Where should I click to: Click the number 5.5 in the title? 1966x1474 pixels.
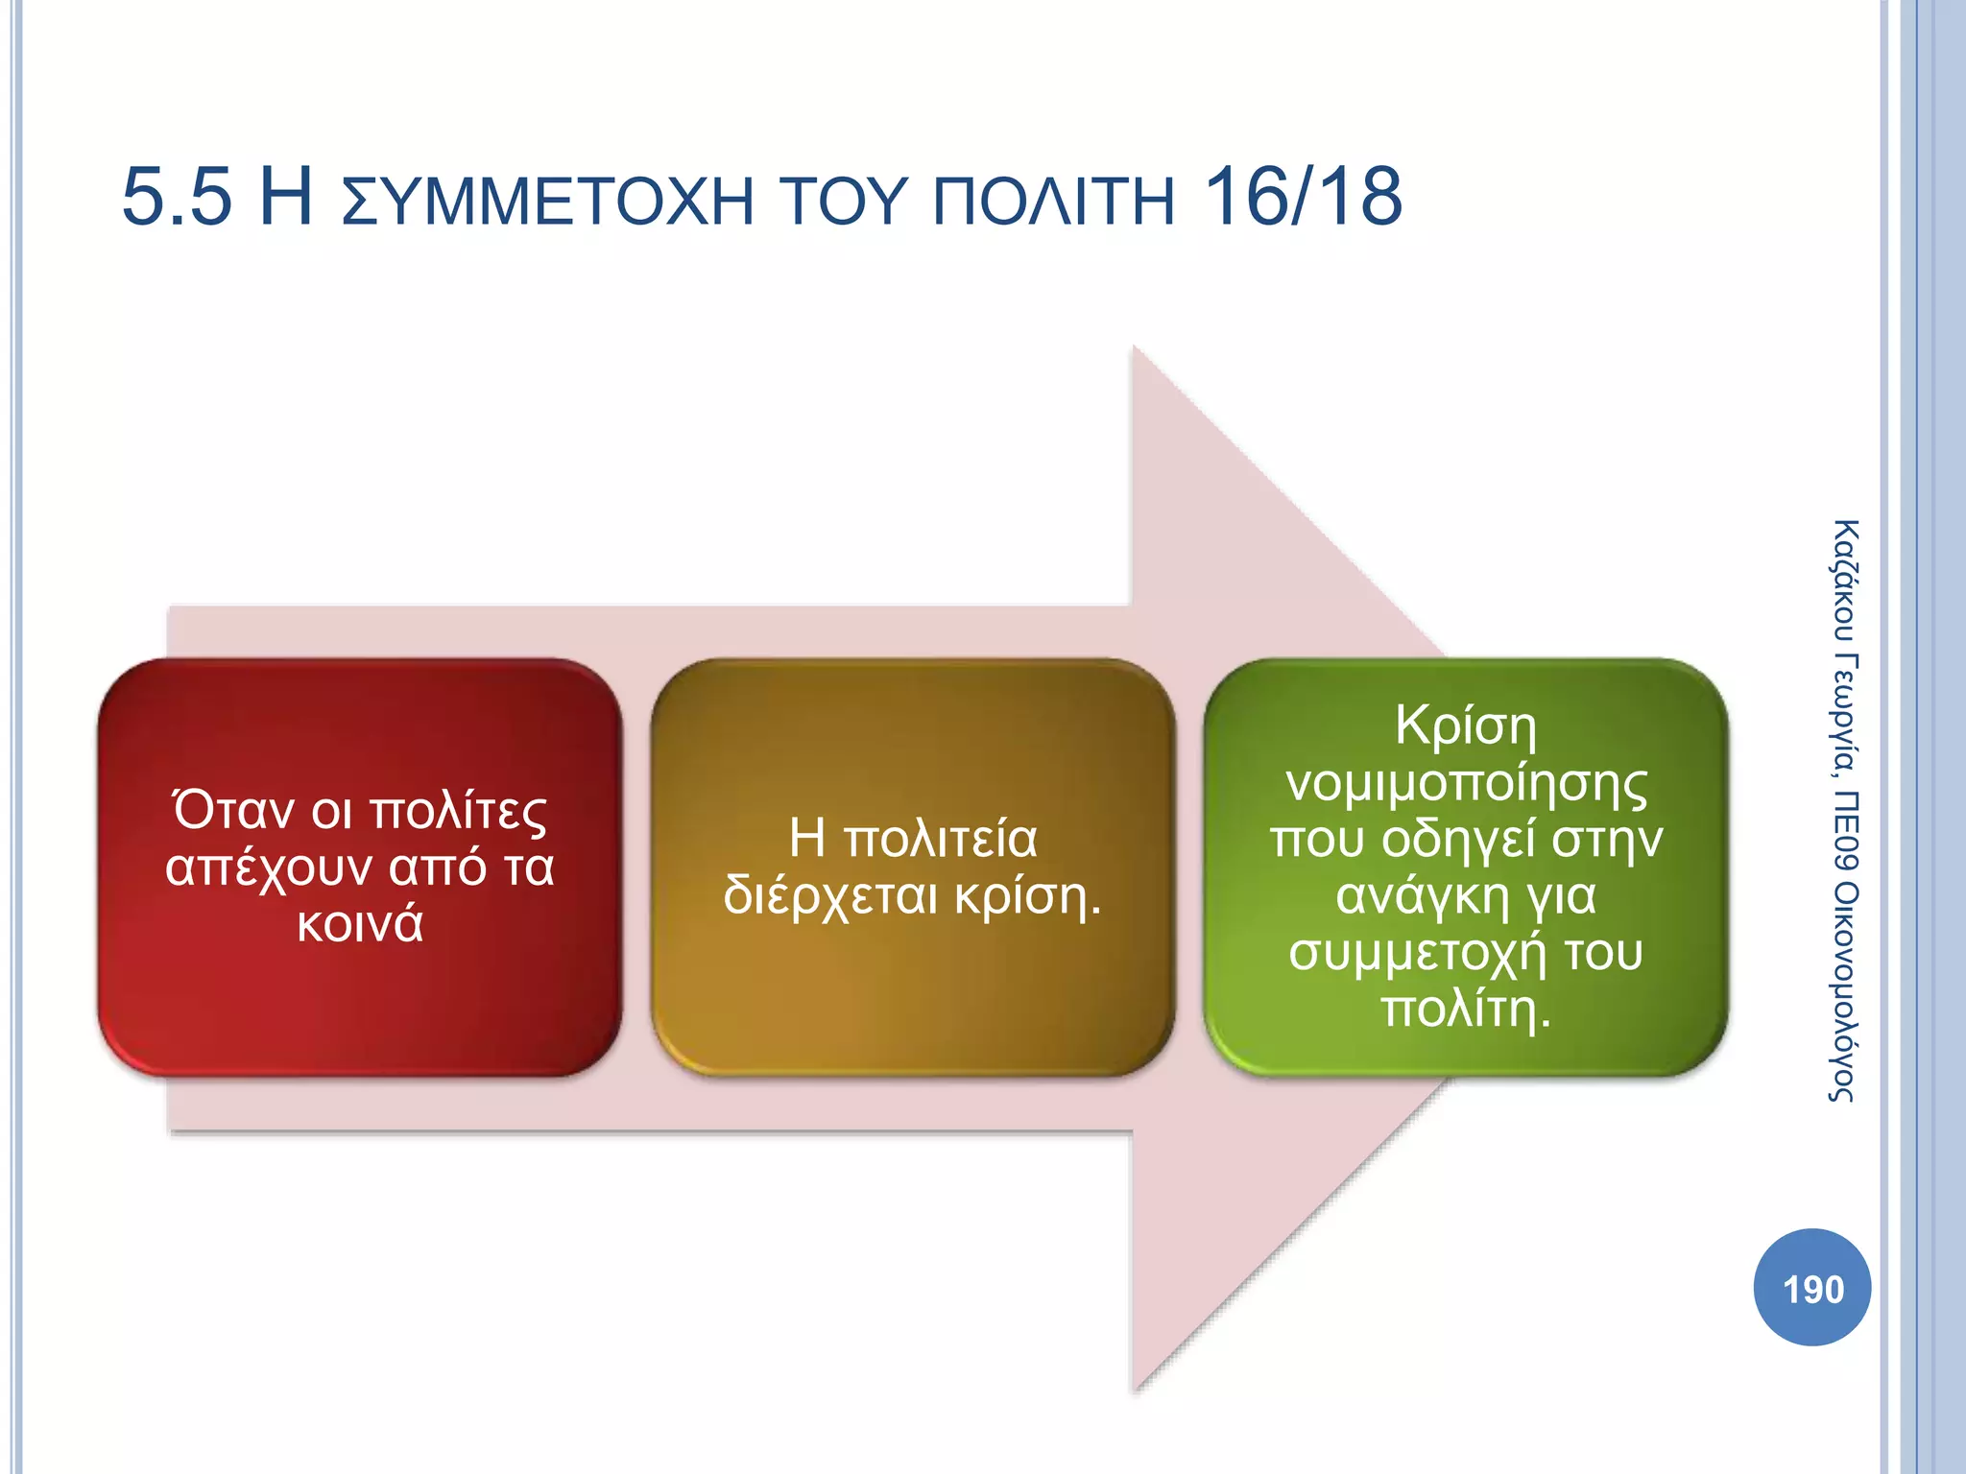click(177, 198)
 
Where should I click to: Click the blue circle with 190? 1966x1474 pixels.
click(1811, 1288)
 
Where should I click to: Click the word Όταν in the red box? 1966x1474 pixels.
click(233, 811)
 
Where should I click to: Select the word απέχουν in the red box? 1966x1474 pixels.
click(269, 868)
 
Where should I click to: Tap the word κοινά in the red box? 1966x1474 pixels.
click(360, 924)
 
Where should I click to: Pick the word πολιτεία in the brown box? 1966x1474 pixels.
click(941, 839)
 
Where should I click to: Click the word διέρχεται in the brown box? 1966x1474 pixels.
click(829, 896)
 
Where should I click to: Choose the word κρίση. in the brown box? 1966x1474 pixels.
click(1027, 896)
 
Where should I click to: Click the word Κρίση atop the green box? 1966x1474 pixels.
click(1466, 725)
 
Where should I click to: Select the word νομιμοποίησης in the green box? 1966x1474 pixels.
click(1466, 783)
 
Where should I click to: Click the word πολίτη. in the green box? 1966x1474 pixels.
click(1466, 1010)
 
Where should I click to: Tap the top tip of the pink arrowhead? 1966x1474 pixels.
click(1135, 347)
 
